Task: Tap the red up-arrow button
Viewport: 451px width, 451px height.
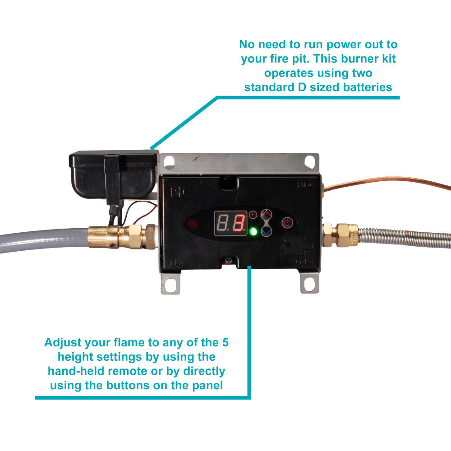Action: (x=267, y=214)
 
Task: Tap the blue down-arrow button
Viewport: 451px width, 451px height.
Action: (x=267, y=231)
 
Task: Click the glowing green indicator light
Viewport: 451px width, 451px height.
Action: (x=253, y=232)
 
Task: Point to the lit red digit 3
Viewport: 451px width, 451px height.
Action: (x=239, y=223)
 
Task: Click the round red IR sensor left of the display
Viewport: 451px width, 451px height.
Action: (x=193, y=223)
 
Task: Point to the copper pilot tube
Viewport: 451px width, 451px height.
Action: (x=388, y=182)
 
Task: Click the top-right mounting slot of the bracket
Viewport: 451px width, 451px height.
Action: (x=310, y=161)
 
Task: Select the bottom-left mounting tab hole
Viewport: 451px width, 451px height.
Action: (x=170, y=285)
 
